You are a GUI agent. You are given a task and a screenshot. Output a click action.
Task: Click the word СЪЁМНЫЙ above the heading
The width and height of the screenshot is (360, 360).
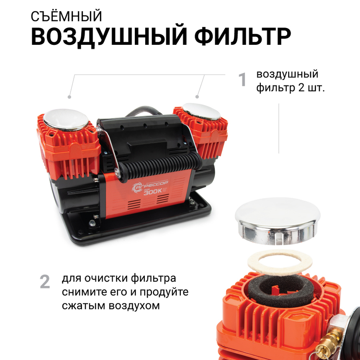pos(67,16)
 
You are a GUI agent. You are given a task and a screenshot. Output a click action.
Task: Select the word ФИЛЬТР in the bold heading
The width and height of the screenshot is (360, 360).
pos(243,38)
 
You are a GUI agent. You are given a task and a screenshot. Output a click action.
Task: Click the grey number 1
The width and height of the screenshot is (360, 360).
pos(242,80)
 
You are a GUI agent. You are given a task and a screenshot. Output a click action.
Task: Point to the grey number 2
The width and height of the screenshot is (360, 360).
pos(45,282)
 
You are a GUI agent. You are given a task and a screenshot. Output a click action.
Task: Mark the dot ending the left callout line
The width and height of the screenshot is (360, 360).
pos(69,97)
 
